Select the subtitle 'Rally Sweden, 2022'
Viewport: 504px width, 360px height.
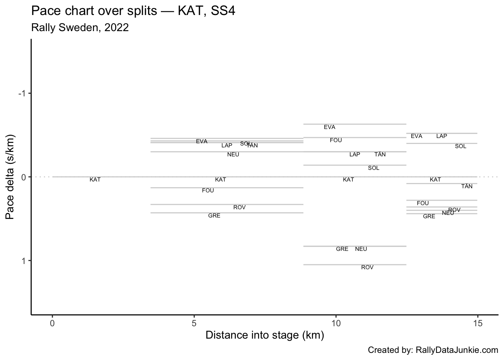(x=80, y=27)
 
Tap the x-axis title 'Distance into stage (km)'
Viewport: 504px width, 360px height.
(x=264, y=335)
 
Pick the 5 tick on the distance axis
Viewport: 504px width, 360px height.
(x=194, y=323)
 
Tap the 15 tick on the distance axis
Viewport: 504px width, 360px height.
(x=477, y=323)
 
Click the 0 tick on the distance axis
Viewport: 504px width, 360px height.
(x=52, y=323)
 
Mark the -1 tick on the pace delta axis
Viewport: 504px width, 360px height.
(x=22, y=93)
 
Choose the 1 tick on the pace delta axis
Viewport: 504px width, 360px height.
(x=23, y=261)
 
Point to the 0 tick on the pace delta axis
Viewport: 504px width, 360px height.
(x=23, y=177)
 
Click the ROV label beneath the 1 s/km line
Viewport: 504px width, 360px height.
(x=367, y=267)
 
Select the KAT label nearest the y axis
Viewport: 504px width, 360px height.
(x=95, y=180)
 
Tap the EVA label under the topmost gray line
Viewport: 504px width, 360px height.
(x=330, y=127)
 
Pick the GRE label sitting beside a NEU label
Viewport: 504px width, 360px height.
(x=342, y=249)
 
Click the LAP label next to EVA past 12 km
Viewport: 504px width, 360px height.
(x=442, y=136)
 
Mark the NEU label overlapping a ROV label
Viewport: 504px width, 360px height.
(x=447, y=213)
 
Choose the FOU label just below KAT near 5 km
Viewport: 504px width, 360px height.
(x=208, y=190)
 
